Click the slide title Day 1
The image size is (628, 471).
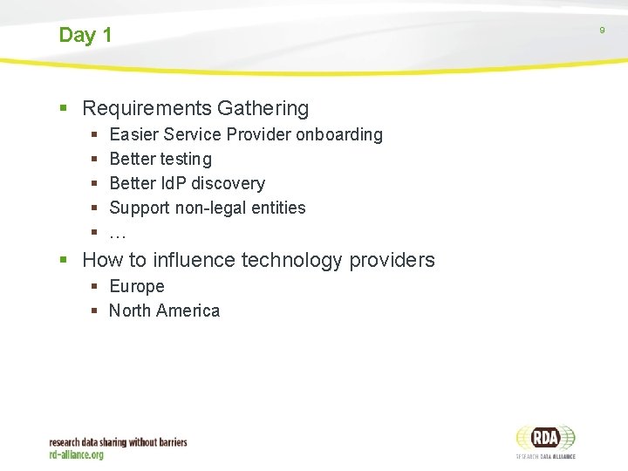[x=85, y=36]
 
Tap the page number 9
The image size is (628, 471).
[x=602, y=31]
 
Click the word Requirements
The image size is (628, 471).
[x=147, y=109]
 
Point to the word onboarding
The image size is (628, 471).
[x=339, y=135]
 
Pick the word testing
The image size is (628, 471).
[x=186, y=160]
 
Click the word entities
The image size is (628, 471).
[x=280, y=208]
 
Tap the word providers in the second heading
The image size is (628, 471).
[x=392, y=261]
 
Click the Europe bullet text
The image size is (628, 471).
[x=137, y=287]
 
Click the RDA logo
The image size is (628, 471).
[x=545, y=440]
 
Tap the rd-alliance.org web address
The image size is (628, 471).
[x=77, y=455]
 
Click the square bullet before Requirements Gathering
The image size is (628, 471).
[x=63, y=109]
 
